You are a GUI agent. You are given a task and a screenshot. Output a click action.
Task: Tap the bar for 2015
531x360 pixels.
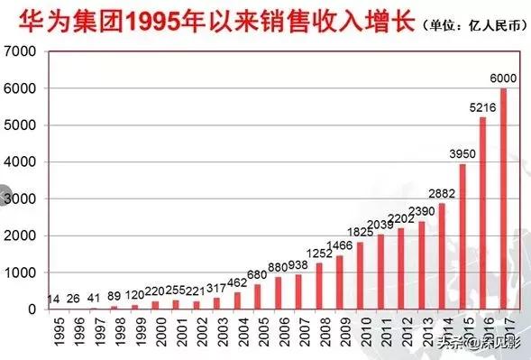463,236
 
